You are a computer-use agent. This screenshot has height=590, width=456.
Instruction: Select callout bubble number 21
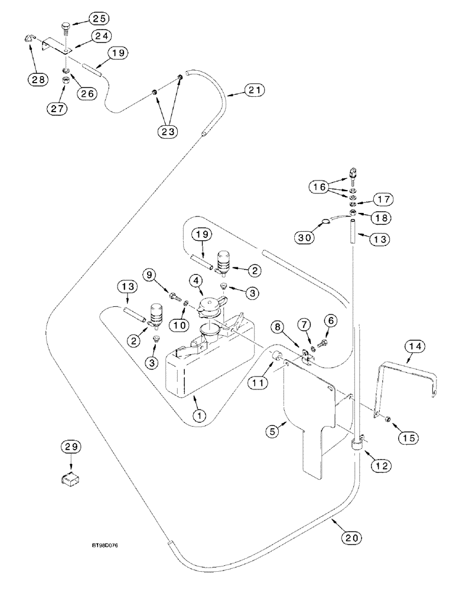[x=253, y=90]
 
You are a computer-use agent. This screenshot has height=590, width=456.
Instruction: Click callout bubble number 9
[x=149, y=274]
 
